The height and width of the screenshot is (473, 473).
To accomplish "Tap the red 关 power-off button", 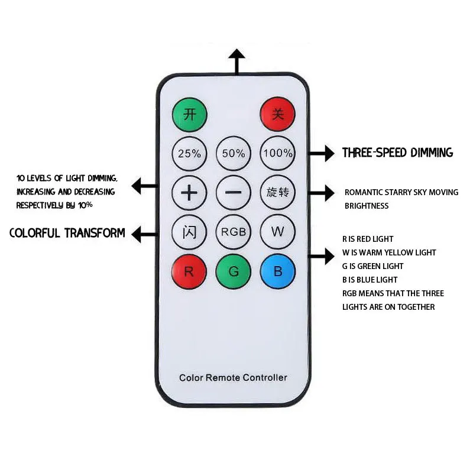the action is click(277, 114).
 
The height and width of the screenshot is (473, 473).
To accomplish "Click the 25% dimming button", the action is click(189, 154).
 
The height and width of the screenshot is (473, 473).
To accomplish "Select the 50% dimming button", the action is click(234, 154).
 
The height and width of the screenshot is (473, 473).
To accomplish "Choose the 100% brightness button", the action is click(277, 153).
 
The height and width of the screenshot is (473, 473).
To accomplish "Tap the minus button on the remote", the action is click(234, 193).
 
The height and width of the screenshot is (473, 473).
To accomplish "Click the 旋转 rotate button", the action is click(277, 192).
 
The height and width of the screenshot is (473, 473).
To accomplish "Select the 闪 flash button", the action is click(189, 232).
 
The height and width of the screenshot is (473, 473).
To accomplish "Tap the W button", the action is click(277, 232).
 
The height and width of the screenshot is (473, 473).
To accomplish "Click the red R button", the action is click(189, 271).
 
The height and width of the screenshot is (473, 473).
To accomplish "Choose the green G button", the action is click(234, 271).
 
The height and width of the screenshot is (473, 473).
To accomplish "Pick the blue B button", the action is click(277, 271).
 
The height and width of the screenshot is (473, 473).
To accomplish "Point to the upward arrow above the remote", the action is click(237, 62).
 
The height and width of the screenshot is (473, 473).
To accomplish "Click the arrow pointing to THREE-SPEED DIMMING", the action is click(322, 153).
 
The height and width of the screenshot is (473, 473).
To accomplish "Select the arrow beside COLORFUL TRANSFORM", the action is click(145, 234).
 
